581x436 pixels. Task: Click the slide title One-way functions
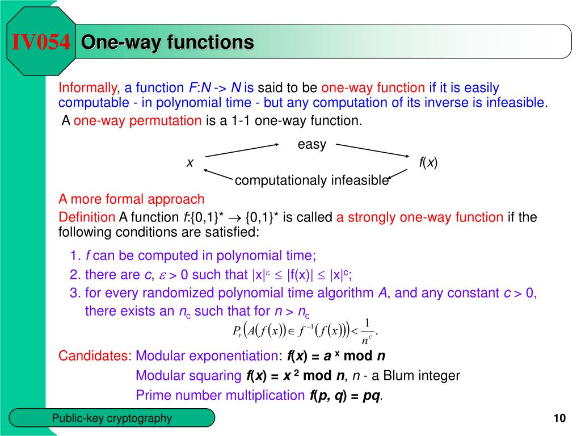coord(167,42)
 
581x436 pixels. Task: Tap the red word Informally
coord(87,88)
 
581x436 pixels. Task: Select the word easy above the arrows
coord(312,145)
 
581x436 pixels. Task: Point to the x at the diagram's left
coord(190,163)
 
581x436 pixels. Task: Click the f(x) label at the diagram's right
coord(428,163)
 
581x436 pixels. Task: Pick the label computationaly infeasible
coord(311,181)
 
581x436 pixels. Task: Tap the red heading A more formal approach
coord(131,199)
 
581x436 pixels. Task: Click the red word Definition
coord(87,217)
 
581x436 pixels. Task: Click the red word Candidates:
coord(95,357)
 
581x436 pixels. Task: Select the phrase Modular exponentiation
coord(206,357)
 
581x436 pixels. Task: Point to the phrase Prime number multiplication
coord(220,395)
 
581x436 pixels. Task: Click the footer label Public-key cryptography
coord(112,418)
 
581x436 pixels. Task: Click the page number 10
coord(559,419)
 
